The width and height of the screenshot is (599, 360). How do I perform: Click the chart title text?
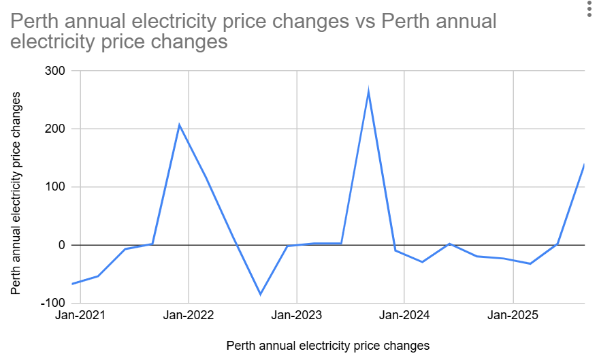tap(253, 31)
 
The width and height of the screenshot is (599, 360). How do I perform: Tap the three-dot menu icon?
tap(589, 10)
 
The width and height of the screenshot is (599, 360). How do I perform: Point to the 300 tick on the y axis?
tap(54, 71)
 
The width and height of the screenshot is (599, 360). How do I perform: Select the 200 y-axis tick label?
tap(54, 129)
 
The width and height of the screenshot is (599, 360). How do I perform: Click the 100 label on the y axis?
tap(54, 187)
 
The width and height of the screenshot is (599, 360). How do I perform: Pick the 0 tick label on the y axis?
tap(61, 245)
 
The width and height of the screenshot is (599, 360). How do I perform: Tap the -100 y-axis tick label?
tap(52, 303)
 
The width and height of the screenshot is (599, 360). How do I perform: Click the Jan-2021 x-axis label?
tap(80, 316)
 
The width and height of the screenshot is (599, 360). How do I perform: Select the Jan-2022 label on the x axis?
tap(189, 316)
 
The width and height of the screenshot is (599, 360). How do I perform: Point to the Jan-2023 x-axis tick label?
tap(297, 316)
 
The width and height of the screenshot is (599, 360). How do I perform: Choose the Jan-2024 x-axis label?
tap(404, 316)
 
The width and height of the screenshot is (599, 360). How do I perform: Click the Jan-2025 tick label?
tap(513, 316)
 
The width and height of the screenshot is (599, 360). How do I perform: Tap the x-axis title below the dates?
tap(328, 346)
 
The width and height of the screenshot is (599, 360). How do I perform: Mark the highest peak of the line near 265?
tap(368, 91)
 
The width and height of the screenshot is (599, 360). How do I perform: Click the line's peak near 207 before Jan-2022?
tap(179, 125)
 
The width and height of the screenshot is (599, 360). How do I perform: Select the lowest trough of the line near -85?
tap(260, 295)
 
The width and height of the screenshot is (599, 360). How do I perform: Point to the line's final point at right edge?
tap(584, 165)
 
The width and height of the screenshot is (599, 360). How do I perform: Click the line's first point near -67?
tap(72, 284)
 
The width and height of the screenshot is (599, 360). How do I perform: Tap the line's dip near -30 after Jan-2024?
tap(422, 262)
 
